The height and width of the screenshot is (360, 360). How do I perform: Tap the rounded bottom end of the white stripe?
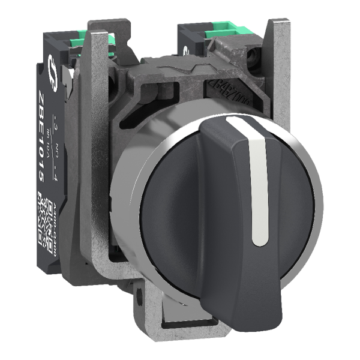(x=259, y=241)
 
